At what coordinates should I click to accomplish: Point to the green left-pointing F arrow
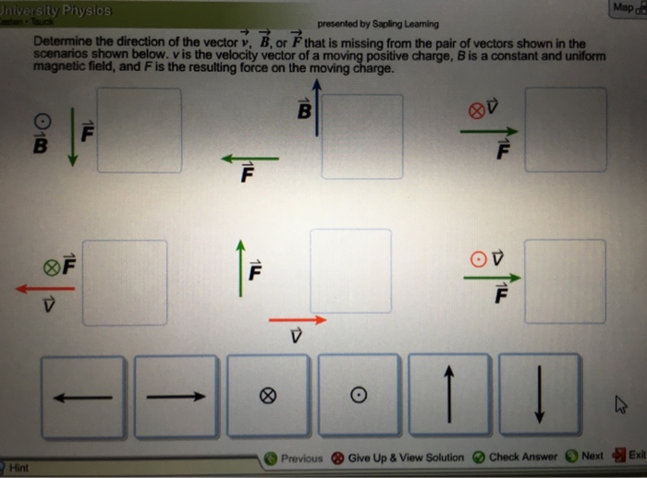click(x=249, y=159)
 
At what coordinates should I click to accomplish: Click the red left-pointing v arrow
click(x=44, y=289)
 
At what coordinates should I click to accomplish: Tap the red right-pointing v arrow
click(x=298, y=320)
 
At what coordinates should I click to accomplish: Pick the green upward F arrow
click(x=240, y=269)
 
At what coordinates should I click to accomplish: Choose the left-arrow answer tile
click(x=82, y=397)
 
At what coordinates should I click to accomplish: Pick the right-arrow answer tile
click(x=175, y=397)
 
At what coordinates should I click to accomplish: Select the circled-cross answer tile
click(x=267, y=397)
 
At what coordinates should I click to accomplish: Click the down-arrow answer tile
click(x=540, y=397)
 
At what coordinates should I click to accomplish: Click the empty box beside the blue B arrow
click(x=362, y=136)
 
